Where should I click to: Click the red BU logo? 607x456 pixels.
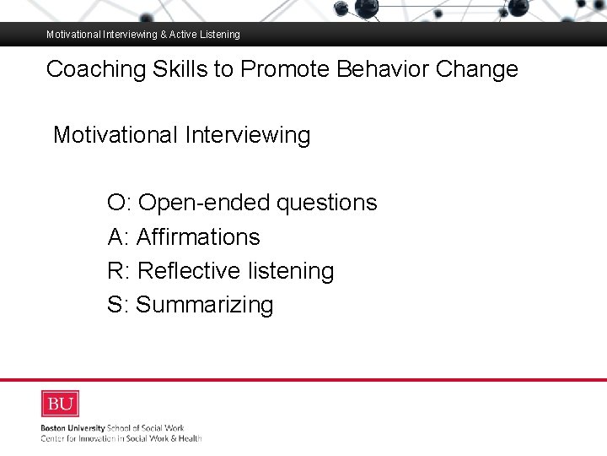(x=60, y=404)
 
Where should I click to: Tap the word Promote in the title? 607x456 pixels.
(x=283, y=69)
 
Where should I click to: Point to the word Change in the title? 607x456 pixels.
(x=477, y=69)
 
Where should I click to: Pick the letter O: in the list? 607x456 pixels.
(x=119, y=203)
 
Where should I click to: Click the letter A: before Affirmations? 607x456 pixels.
(x=118, y=237)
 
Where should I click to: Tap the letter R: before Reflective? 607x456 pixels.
(x=119, y=271)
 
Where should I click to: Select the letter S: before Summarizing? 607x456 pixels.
(x=118, y=305)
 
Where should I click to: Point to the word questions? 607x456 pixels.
(x=327, y=204)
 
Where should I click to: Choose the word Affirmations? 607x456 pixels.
(x=198, y=237)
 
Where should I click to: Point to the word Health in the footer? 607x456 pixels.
(x=190, y=438)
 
